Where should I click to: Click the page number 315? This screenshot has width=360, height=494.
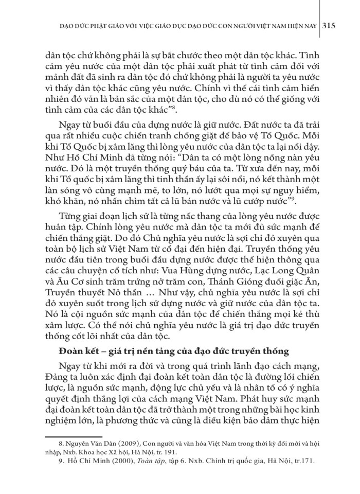(x=329, y=26)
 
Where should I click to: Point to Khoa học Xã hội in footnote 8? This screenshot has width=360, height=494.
(x=97, y=461)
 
